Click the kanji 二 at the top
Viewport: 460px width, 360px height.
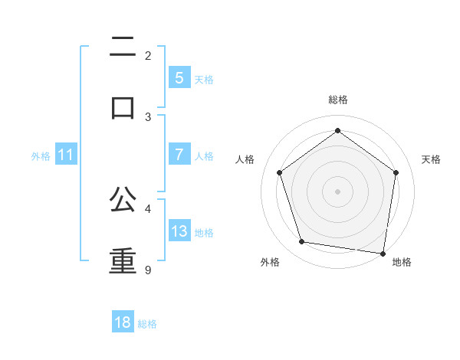coord(123,47)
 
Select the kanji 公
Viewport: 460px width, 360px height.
coord(123,201)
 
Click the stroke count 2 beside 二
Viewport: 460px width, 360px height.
coord(148,56)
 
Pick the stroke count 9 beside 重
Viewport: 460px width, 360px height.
coord(148,270)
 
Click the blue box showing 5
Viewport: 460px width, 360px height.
coord(179,78)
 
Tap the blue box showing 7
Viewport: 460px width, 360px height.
coord(179,155)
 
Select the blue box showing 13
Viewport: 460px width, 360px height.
coord(179,231)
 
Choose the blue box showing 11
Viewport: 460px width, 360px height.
coord(66,155)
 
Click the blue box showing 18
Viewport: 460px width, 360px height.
coord(123,322)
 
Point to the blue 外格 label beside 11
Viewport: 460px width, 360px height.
coord(41,155)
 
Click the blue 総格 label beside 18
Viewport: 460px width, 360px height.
coord(147,323)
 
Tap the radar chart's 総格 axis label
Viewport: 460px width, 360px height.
coord(338,100)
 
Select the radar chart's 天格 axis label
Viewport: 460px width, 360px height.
coord(431,159)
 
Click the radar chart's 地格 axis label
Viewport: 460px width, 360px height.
coord(402,262)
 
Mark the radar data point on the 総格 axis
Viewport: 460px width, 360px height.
coord(338,131)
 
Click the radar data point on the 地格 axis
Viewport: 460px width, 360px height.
coord(383,253)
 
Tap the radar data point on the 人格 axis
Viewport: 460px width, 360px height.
coord(280,172)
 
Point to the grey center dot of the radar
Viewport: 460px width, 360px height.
coord(338,191)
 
